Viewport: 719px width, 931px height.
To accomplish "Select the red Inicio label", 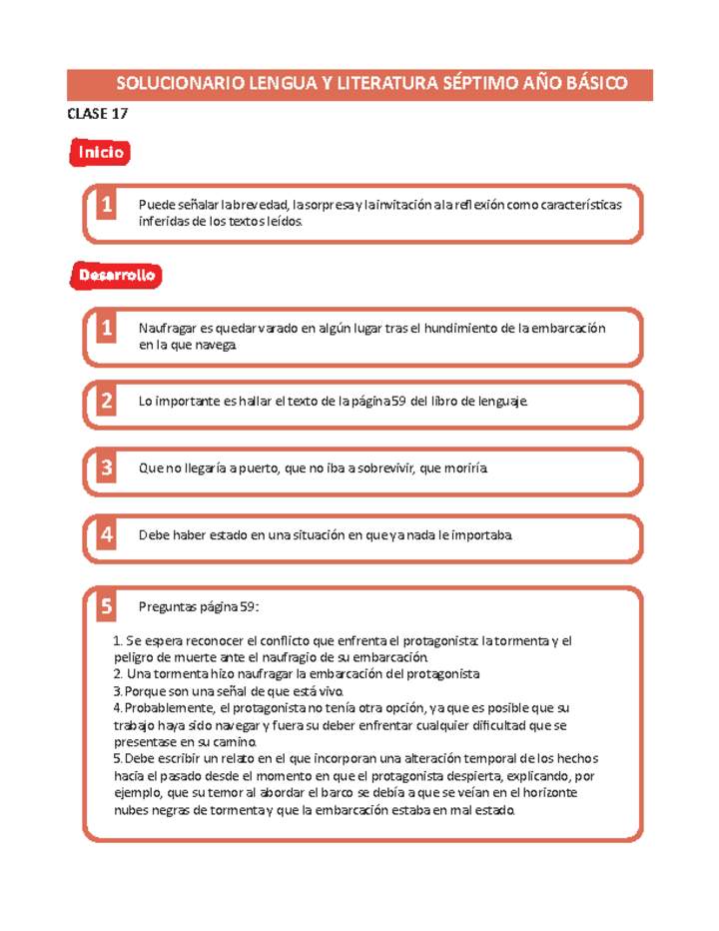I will (97, 153).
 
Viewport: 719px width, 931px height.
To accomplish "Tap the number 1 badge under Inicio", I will (105, 206).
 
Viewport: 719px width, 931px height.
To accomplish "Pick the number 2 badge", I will (105, 402).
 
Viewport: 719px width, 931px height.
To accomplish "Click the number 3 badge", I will (105, 467).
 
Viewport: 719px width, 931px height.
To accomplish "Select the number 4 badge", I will (105, 534).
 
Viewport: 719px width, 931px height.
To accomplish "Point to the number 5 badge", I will (105, 606).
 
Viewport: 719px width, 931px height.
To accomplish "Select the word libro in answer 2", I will (448, 402).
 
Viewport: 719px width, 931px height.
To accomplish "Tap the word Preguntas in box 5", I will (169, 606).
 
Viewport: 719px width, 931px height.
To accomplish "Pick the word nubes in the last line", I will (132, 810).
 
